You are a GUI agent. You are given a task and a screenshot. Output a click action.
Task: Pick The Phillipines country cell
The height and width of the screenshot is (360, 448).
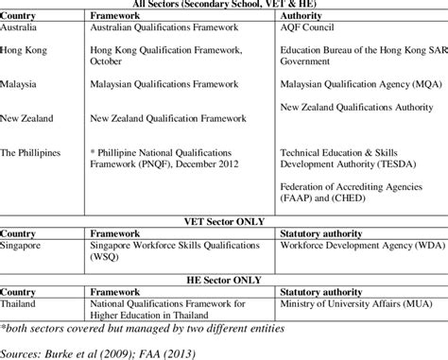tap(36, 151)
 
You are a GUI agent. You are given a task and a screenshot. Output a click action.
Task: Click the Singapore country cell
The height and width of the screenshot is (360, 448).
tap(26, 243)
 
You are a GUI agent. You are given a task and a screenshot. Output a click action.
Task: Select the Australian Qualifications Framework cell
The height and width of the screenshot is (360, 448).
tap(152, 29)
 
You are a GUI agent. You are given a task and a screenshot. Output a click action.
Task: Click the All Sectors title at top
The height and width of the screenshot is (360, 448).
tap(224, 5)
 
